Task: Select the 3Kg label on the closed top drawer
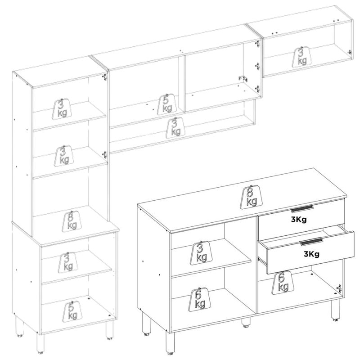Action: tap(299, 220)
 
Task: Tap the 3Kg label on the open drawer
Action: tap(311, 254)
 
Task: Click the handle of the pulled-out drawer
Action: tap(311, 242)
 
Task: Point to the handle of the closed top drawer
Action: tap(301, 209)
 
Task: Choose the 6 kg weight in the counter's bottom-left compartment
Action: tap(199, 299)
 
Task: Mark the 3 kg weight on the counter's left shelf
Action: tap(201, 253)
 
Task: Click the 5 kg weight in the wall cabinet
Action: tap(167, 104)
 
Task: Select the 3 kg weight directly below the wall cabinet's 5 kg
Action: tap(175, 128)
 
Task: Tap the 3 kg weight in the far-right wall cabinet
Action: tap(302, 57)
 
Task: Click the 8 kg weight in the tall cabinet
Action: tap(72, 221)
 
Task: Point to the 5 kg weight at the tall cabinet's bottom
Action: tap(72, 312)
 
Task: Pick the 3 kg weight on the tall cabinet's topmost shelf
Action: tap(62, 109)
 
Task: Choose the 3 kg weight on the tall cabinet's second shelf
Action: tap(64, 156)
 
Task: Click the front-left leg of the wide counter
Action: tap(170, 343)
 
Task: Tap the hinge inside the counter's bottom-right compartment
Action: tap(339, 288)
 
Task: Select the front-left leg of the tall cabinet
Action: tap(40, 343)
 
